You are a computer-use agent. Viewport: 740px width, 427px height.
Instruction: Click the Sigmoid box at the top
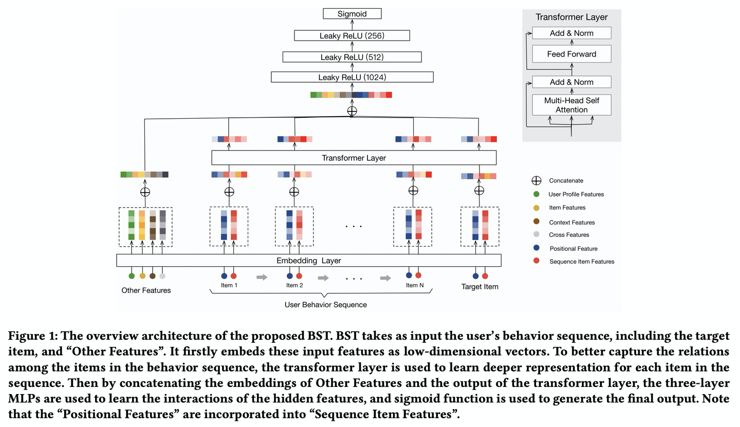[x=352, y=14]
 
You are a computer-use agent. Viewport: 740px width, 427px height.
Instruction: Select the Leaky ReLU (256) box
[x=352, y=35]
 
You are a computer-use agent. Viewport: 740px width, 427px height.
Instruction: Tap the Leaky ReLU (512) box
[x=352, y=57]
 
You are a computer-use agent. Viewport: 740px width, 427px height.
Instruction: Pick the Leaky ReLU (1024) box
[x=352, y=77]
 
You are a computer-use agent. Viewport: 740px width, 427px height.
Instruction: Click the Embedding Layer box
[x=308, y=261]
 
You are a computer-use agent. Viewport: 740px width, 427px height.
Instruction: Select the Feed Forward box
[x=571, y=54]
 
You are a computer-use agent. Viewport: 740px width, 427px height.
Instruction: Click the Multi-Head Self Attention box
[x=571, y=105]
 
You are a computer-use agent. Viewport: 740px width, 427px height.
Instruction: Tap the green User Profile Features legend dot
[x=536, y=194]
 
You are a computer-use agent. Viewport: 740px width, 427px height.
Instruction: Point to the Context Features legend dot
[x=536, y=221]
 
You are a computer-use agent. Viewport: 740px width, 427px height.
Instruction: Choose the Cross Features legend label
[x=569, y=235]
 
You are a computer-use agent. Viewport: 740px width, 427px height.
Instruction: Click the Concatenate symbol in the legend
[x=536, y=180]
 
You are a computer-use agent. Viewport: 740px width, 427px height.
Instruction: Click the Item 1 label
[x=229, y=285]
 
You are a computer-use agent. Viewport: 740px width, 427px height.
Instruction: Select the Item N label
[x=414, y=285]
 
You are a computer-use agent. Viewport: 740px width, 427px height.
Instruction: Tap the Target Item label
[x=479, y=287]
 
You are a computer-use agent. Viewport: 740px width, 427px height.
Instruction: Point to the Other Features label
[x=146, y=290]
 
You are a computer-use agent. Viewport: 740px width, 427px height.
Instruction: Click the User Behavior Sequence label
[x=325, y=305]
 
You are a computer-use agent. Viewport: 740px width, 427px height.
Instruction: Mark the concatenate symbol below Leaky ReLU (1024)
[x=352, y=110]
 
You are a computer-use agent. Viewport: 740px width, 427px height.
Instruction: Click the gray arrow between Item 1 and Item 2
[x=262, y=277]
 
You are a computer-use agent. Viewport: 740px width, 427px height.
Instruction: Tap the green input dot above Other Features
[x=132, y=276]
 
